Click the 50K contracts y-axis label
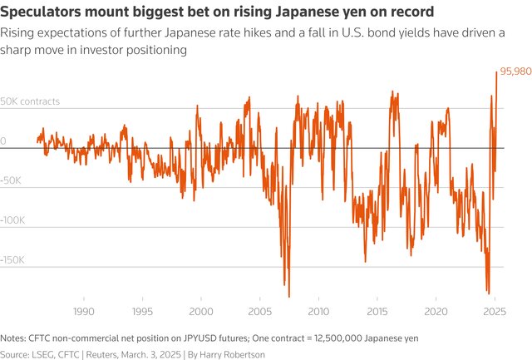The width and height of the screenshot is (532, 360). (31, 101)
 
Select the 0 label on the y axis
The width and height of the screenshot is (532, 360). (3, 141)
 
